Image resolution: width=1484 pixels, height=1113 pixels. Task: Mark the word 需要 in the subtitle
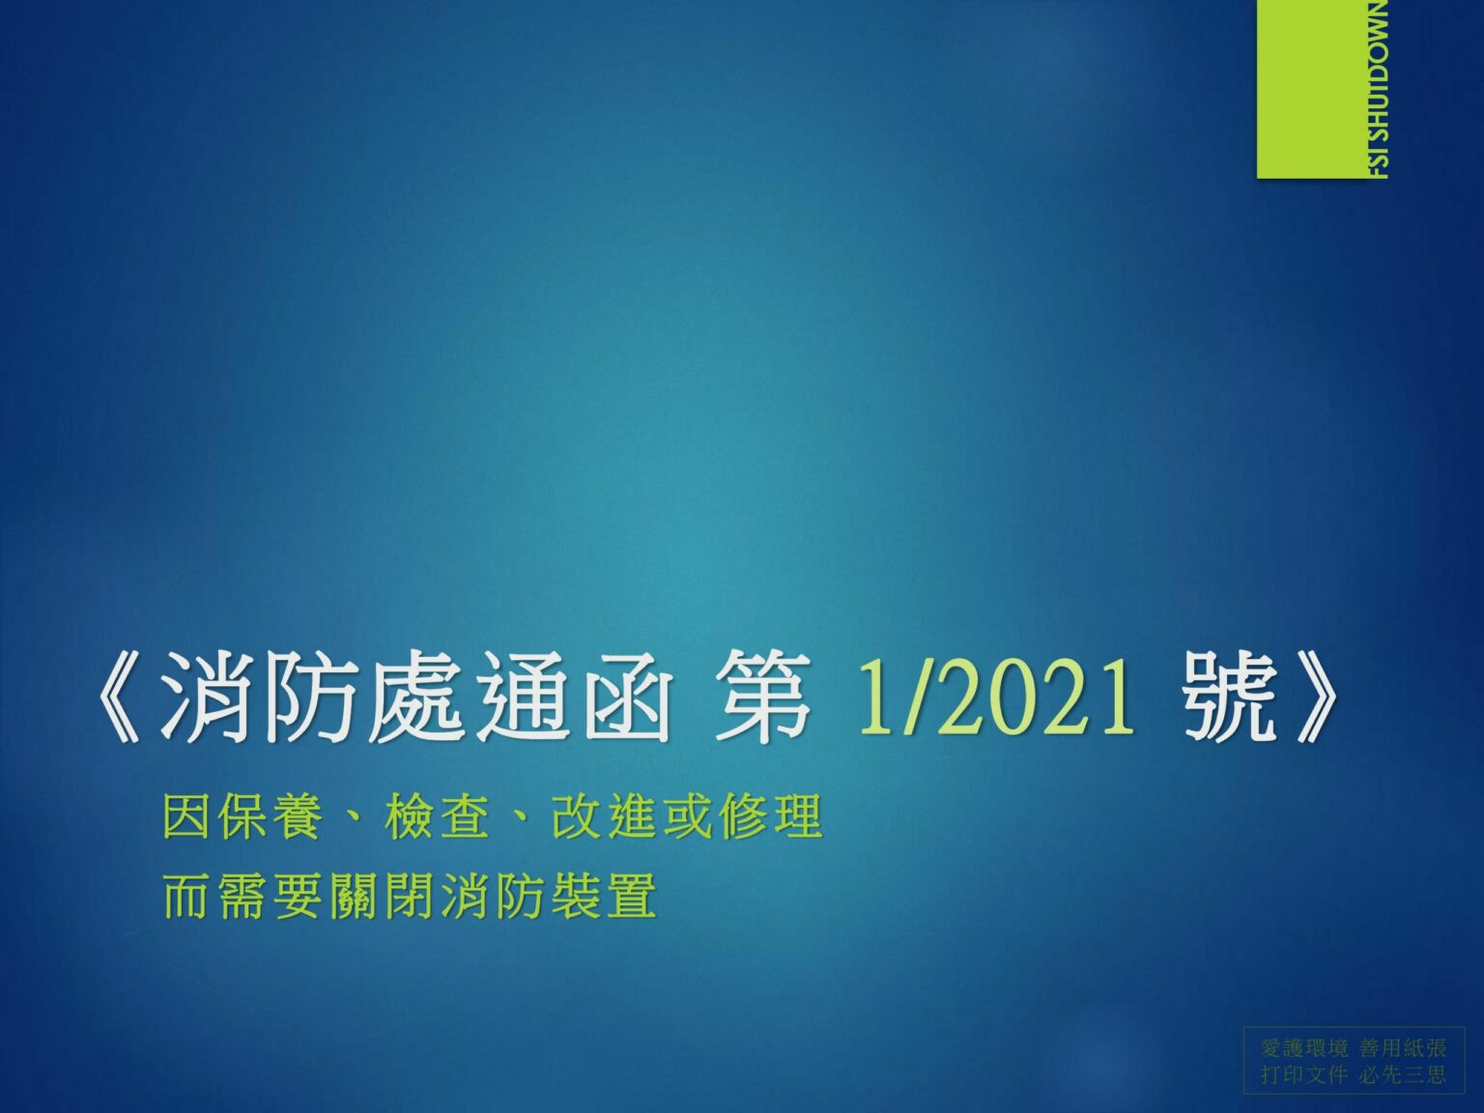[x=271, y=896]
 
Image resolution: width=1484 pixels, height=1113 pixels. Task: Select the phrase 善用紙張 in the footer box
[x=1403, y=1048]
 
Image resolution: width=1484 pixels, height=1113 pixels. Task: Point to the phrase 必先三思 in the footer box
[x=1403, y=1074]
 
